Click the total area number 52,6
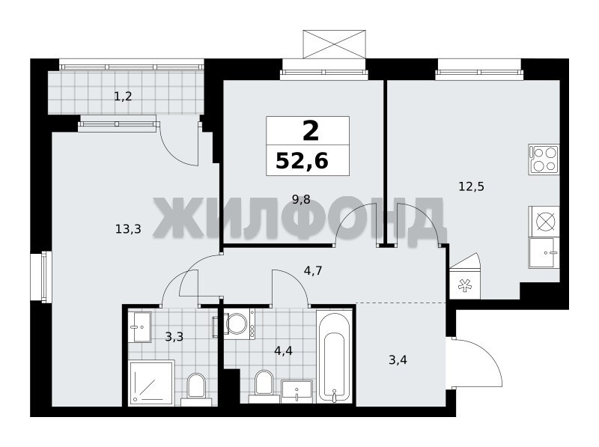[302, 160]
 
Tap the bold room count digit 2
[310, 131]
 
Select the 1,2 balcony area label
[123, 97]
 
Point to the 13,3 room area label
[128, 229]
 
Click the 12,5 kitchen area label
[472, 186]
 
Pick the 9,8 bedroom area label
[301, 199]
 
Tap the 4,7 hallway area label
[313, 270]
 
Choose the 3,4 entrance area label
[398, 359]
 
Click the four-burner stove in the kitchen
[544, 159]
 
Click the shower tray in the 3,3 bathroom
[151, 382]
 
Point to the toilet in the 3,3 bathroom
[196, 389]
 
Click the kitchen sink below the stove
[544, 252]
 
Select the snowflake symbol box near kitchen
[465, 285]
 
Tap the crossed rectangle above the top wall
[335, 44]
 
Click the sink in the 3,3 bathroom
[139, 327]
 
